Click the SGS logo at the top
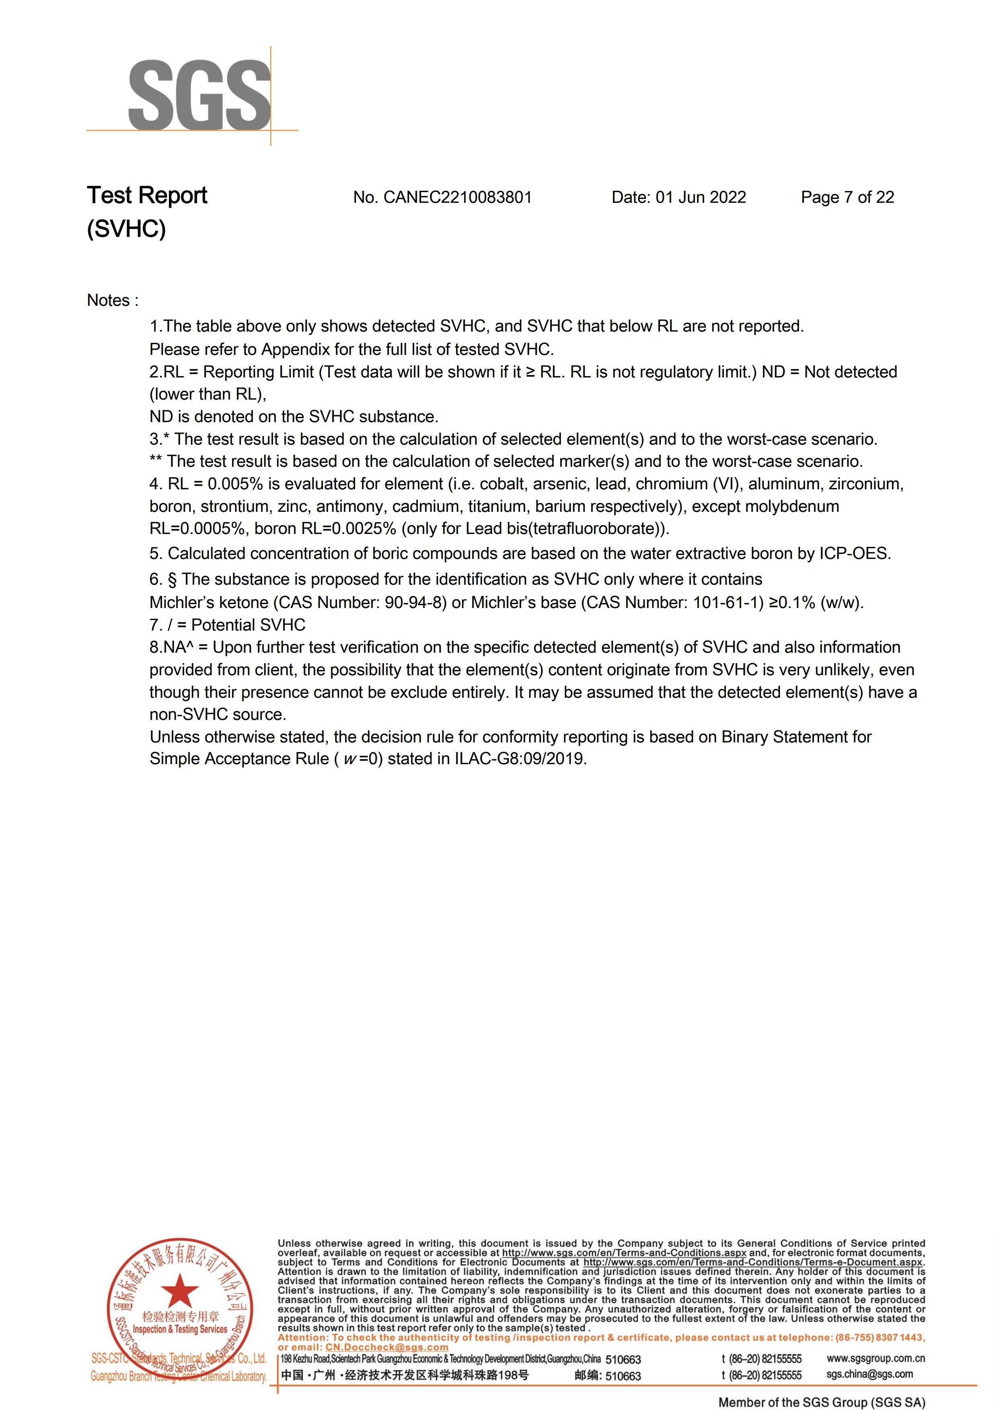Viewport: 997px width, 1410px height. tap(199, 95)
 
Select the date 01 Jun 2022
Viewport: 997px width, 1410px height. tap(701, 198)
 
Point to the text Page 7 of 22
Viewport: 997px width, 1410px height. tap(847, 198)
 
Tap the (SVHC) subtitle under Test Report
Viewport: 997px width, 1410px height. tap(126, 229)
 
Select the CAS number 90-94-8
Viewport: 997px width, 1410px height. tap(415, 602)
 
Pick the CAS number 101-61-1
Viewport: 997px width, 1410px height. tap(728, 602)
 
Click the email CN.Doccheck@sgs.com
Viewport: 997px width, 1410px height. tap(387, 1347)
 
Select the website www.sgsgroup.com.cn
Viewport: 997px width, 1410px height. tap(876, 1358)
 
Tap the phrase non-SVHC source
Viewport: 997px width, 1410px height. tap(217, 715)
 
